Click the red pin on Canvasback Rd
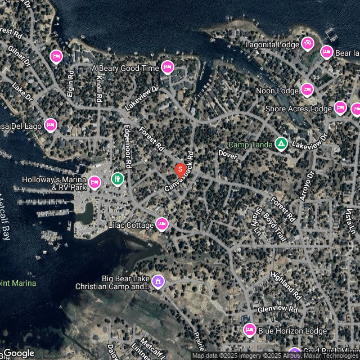(180, 169)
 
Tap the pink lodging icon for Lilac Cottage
(162, 224)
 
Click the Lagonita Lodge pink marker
(307, 43)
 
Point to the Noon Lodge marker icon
(307, 89)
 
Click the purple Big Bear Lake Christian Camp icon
(158, 280)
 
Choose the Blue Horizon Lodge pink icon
(250, 330)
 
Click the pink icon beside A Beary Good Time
(167, 67)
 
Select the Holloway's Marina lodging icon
(94, 182)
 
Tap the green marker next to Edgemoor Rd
(118, 179)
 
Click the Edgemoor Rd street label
(128, 147)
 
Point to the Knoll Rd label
(99, 88)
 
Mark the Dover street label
(228, 153)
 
